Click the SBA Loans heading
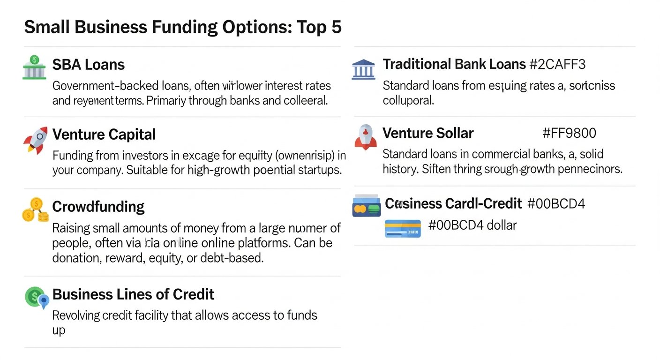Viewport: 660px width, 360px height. [88, 65]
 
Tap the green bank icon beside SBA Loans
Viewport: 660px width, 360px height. [34, 67]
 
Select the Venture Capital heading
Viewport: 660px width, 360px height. [104, 135]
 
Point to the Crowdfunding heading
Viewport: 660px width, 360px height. [98, 207]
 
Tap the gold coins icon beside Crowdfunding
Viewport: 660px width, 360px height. [35, 210]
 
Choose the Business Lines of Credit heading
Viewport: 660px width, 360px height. [133, 294]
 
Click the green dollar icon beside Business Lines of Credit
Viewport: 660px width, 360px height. [36, 297]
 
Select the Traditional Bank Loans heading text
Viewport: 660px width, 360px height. [454, 64]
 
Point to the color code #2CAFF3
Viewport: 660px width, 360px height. [557, 64]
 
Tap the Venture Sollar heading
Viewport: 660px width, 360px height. [428, 133]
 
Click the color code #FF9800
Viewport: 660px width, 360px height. [569, 133]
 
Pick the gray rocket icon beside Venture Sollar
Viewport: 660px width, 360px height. [365, 136]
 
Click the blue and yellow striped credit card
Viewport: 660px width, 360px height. [402, 228]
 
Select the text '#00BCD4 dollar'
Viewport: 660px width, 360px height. [472, 225]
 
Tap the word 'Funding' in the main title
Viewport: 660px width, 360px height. [178, 27]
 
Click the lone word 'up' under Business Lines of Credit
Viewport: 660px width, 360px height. [59, 330]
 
